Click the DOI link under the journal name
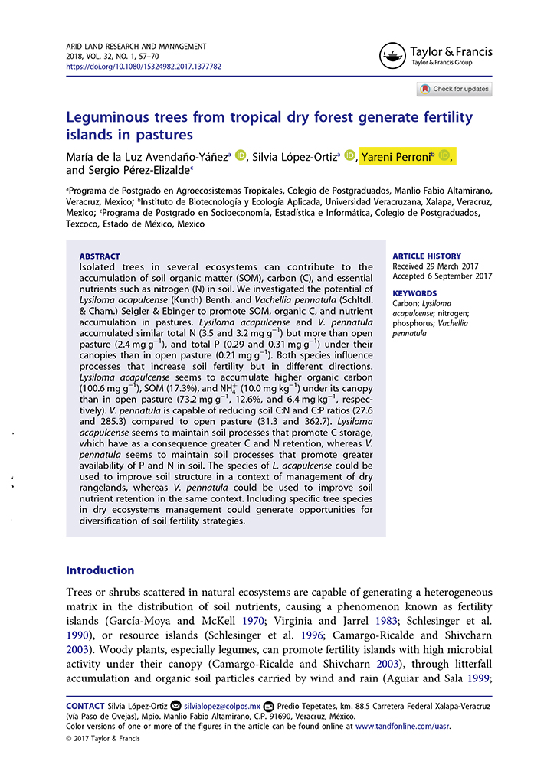[143, 67]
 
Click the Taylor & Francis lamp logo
[392, 55]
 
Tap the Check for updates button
[454, 89]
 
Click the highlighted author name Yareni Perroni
[397, 156]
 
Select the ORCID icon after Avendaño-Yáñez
[240, 156]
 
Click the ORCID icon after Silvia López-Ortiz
[350, 156]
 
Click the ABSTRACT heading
[100, 256]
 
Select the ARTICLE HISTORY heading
[427, 256]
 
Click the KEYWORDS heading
[414, 293]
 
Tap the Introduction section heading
[100, 570]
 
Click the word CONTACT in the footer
[85, 704]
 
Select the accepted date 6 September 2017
[464, 276]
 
